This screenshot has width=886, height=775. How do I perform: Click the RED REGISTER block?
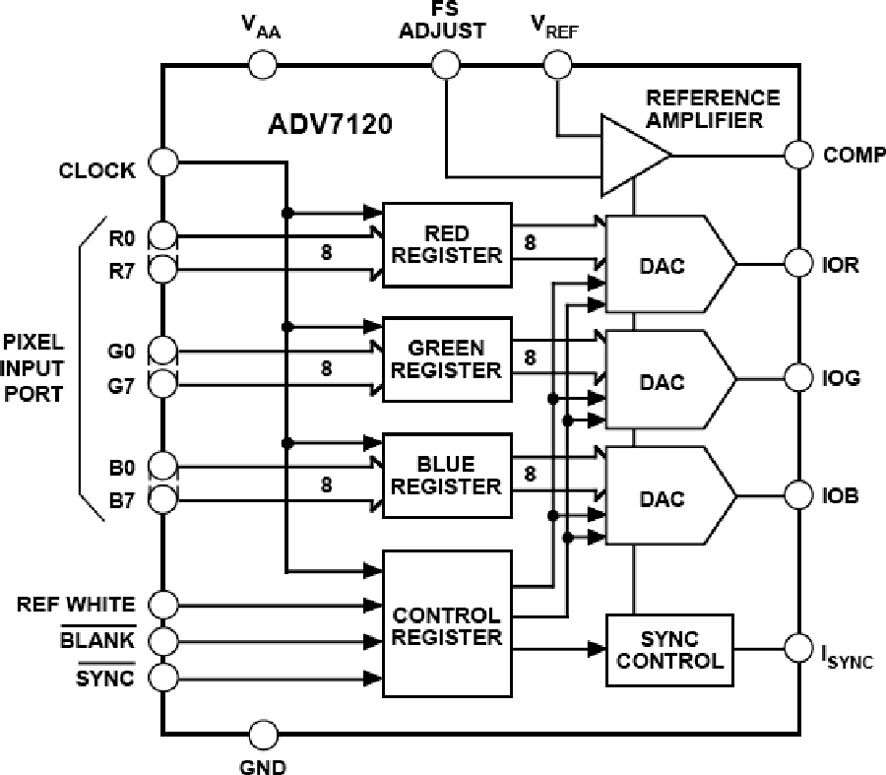[447, 244]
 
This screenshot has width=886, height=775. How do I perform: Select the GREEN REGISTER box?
[447, 359]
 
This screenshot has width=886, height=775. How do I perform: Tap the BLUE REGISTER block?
[447, 475]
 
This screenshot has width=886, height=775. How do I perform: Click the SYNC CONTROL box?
[669, 649]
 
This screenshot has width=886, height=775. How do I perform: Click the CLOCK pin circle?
[162, 161]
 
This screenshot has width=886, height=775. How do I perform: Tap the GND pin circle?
[263, 735]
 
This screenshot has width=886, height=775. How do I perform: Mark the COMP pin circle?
[798, 154]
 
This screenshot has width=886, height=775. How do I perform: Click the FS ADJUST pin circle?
[445, 66]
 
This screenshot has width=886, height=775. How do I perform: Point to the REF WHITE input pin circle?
[162, 603]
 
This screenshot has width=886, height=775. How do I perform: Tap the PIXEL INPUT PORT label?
[32, 368]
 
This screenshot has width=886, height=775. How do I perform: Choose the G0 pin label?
[123, 349]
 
